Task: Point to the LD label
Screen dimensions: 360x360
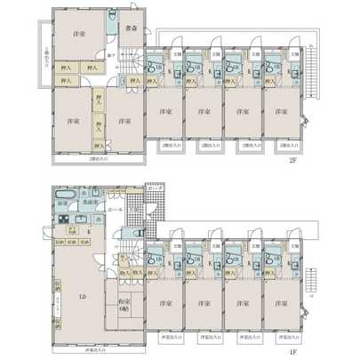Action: [x=82, y=297]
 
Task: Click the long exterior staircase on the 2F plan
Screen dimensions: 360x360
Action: [x=310, y=67]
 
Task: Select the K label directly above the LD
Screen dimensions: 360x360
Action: [x=87, y=232]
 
